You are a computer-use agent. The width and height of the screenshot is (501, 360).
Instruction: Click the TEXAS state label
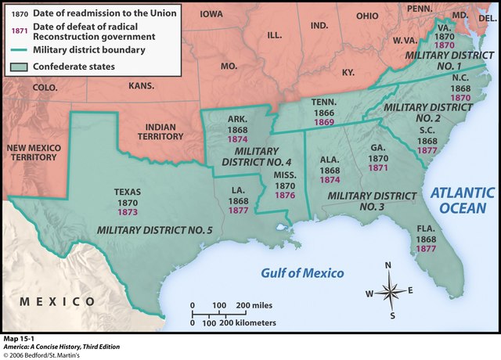coord(127,190)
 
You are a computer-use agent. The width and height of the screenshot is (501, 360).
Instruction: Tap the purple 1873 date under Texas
coord(127,211)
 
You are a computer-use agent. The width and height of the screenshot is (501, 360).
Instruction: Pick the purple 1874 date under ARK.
coord(238,139)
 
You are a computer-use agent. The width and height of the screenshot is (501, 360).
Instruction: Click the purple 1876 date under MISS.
coord(283,196)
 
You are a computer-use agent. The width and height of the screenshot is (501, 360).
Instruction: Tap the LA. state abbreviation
coord(239,190)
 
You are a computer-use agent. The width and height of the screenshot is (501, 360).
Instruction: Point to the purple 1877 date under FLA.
coord(426,248)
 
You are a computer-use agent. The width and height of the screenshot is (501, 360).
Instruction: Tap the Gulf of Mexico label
coord(302,272)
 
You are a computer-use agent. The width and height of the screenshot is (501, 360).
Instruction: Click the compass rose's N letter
coord(389,265)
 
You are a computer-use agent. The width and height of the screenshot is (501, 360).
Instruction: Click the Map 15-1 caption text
coord(20,337)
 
